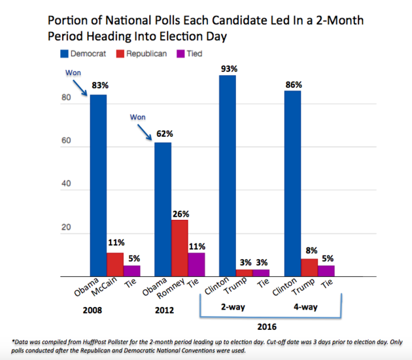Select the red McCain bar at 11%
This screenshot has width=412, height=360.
[115, 264]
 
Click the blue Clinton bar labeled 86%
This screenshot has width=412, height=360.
[292, 184]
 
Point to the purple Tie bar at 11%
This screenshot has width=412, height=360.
[196, 264]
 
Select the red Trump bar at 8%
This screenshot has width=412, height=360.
[310, 268]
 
